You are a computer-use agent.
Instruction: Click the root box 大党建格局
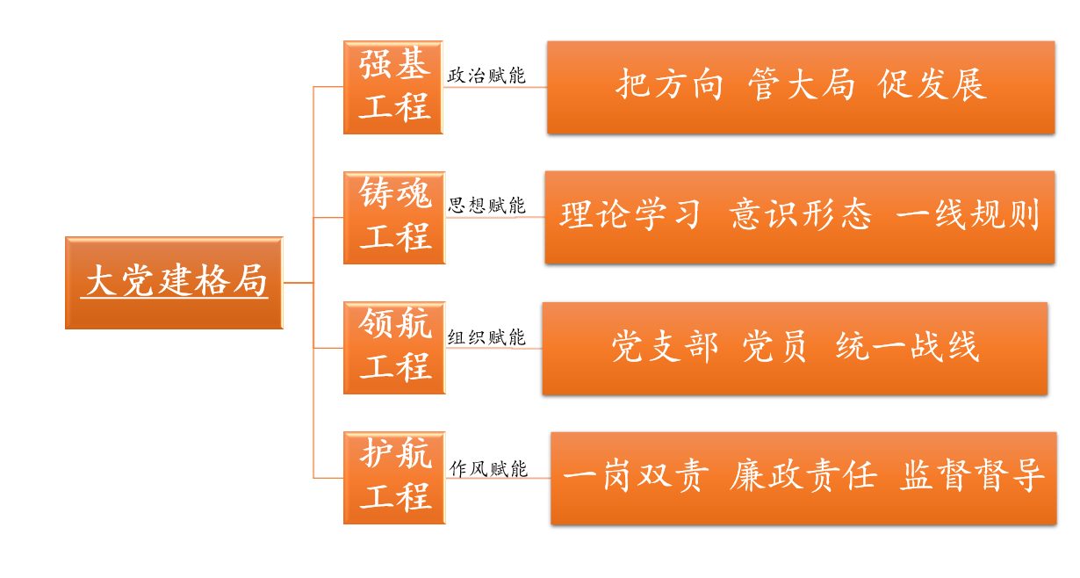(x=174, y=283)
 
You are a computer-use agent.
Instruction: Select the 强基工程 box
(x=393, y=87)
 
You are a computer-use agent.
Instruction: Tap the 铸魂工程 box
(x=394, y=218)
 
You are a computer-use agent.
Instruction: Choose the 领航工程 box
(x=394, y=348)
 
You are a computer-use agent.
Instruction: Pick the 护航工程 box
(x=394, y=478)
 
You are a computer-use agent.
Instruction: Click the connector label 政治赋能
(x=486, y=76)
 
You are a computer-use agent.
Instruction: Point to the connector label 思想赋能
(x=486, y=206)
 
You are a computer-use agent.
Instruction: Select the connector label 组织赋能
(x=486, y=337)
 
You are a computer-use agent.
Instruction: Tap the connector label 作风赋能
(x=488, y=468)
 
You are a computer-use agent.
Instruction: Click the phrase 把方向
(x=669, y=84)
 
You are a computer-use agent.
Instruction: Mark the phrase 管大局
(x=802, y=84)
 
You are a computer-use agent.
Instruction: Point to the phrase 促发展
(x=932, y=84)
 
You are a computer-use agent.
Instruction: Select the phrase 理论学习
(x=630, y=214)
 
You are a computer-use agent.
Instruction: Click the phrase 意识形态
(x=801, y=214)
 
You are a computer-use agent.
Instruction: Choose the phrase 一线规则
(x=968, y=214)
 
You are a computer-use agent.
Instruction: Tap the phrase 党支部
(x=666, y=346)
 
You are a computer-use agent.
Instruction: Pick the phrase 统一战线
(x=908, y=346)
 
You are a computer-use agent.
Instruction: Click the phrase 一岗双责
(x=636, y=476)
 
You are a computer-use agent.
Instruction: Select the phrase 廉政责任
(x=803, y=476)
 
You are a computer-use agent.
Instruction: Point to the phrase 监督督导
(x=971, y=476)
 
